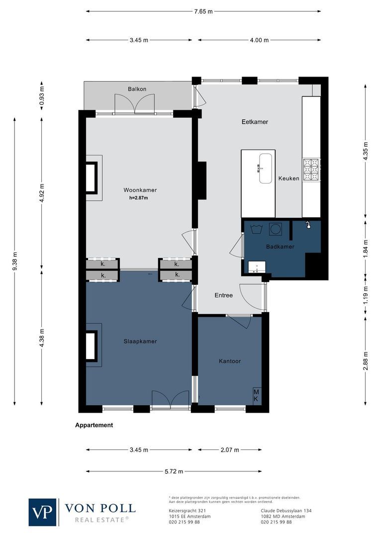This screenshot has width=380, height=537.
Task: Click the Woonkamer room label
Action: click(140, 190)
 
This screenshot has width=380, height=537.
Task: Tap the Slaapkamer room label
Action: click(140, 341)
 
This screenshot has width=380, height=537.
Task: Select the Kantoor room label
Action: click(230, 361)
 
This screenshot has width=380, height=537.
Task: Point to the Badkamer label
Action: click(280, 247)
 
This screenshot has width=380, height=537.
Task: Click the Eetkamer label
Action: click(255, 121)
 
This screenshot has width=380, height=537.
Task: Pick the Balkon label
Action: click(137, 89)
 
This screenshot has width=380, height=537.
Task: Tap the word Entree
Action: click(223, 295)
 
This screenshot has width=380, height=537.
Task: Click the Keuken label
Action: click(289, 179)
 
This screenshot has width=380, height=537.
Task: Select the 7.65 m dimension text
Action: click(203, 10)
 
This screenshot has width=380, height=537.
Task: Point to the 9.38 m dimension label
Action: click(15, 260)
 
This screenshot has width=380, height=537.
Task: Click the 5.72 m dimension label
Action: click(174, 471)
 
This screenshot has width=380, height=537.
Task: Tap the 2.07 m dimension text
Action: click(230, 449)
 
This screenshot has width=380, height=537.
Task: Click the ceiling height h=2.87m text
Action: click(139, 198)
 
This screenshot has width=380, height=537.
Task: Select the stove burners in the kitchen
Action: click(311, 170)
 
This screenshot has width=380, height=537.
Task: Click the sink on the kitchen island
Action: click(264, 169)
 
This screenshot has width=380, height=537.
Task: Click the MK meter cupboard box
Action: click(257, 395)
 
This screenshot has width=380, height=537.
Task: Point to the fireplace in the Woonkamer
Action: click(93, 178)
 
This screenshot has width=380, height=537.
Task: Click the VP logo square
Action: click(43, 512)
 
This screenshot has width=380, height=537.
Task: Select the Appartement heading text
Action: click(94, 425)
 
